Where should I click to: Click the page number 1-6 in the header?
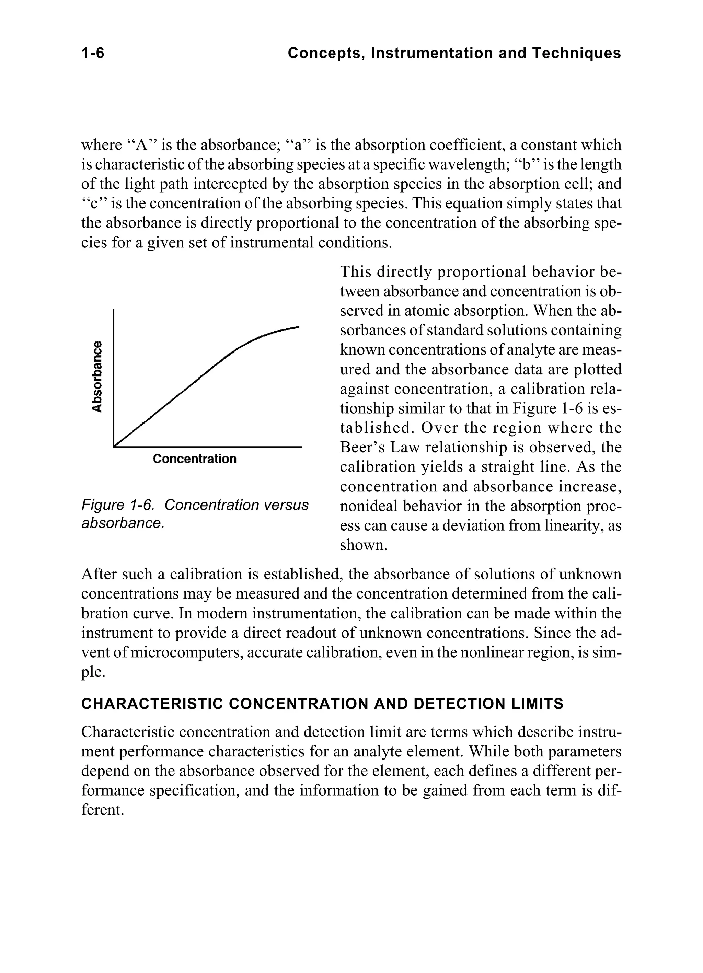[93, 53]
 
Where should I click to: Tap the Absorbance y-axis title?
[98, 376]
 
